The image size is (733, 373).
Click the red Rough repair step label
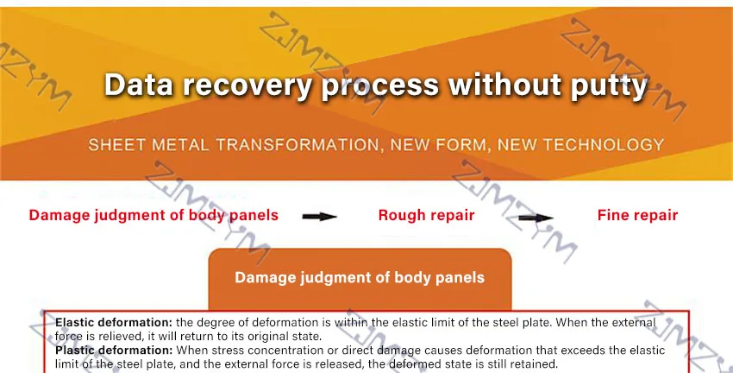(426, 215)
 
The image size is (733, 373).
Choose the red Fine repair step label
(637, 215)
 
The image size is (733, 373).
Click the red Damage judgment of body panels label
(153, 215)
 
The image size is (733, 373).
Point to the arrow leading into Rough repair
(319, 216)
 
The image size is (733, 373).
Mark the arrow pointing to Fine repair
(536, 217)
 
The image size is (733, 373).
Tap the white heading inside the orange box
(360, 278)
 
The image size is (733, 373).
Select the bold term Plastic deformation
(113, 351)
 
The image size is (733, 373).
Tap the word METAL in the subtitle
(179, 144)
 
